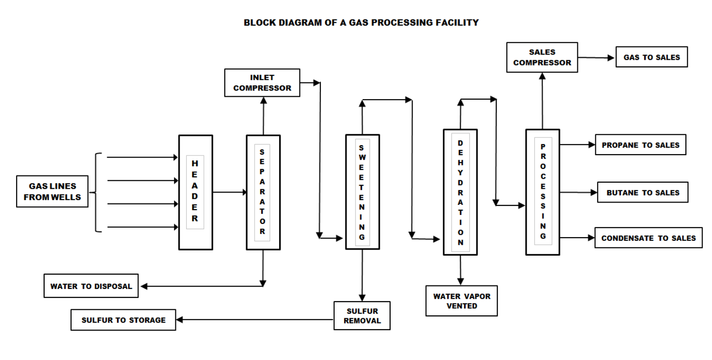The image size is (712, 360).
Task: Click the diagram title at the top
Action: click(361, 23)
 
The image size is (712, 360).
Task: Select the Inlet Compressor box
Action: click(262, 83)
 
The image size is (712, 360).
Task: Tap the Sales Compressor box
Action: click(542, 57)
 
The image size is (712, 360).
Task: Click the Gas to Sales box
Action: click(651, 57)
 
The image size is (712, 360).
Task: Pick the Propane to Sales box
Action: click(640, 145)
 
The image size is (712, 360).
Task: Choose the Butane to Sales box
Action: click(642, 193)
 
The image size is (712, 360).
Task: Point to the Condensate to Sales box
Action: click(648, 238)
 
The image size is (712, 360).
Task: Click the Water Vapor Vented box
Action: click(461, 301)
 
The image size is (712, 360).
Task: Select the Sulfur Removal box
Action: click(362, 316)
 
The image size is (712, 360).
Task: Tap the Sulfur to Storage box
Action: click(123, 320)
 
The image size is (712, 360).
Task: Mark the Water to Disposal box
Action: click(91, 286)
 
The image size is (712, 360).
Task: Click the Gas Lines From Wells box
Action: click(52, 192)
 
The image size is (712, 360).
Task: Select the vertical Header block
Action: click(195, 192)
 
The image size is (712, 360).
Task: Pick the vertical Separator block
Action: click(263, 192)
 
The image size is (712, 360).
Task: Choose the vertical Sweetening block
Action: click(362, 192)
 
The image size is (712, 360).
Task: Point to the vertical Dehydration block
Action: click(460, 192)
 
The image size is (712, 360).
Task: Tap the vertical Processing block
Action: click(542, 192)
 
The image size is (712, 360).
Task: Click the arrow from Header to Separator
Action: click(230, 192)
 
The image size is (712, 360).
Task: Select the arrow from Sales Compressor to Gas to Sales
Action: click(596, 58)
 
